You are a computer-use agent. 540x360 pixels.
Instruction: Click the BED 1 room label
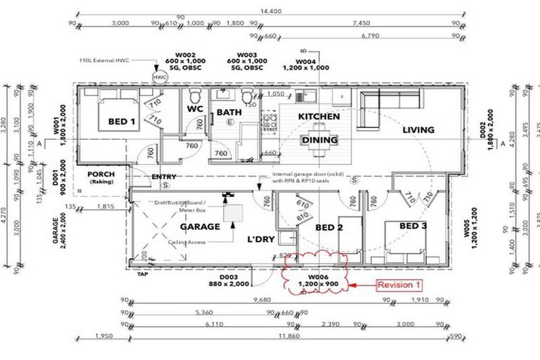[x=122, y=122]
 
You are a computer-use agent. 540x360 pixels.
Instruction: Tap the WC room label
[x=194, y=110]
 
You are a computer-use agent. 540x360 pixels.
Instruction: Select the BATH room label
[x=229, y=112]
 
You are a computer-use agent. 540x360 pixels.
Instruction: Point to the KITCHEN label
[x=319, y=116]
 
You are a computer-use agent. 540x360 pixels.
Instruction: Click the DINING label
[x=320, y=140]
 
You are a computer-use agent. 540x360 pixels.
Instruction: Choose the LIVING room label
[x=418, y=129]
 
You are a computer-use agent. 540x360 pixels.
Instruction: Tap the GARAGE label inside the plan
[x=200, y=226]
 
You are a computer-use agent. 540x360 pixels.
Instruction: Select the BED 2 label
[x=328, y=227]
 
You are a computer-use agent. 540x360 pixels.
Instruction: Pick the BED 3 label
[x=413, y=225]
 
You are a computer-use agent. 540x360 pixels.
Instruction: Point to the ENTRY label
[x=165, y=176]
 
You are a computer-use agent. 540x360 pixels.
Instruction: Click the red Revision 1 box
[x=399, y=285]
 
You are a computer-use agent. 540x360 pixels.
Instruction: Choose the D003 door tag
[x=229, y=279]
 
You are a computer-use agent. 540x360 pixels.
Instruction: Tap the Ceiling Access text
[x=188, y=240]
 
